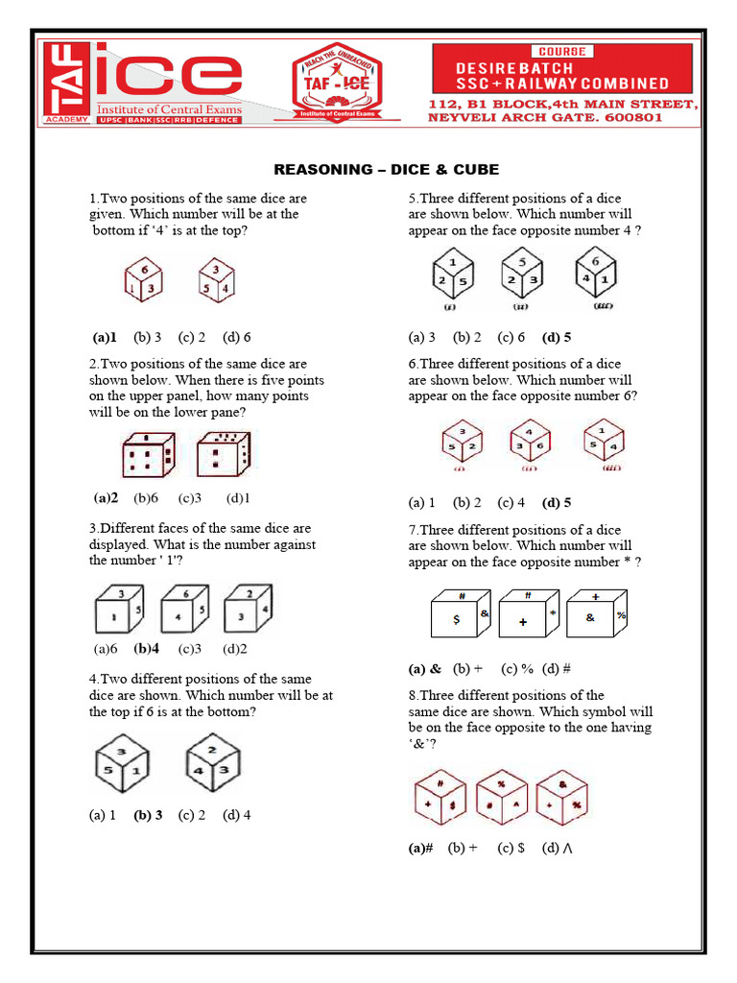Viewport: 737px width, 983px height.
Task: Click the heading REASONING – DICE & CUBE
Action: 387,170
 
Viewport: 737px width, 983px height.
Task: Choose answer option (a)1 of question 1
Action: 105,337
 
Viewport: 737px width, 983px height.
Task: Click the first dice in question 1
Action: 144,281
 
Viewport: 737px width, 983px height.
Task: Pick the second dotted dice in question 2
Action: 223,454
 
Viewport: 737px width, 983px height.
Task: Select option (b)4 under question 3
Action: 147,648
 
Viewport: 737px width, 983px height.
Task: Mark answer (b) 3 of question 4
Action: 148,815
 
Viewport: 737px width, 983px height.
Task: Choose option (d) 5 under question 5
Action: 557,337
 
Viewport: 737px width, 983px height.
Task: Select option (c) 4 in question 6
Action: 511,502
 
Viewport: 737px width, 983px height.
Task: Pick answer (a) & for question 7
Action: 425,668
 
